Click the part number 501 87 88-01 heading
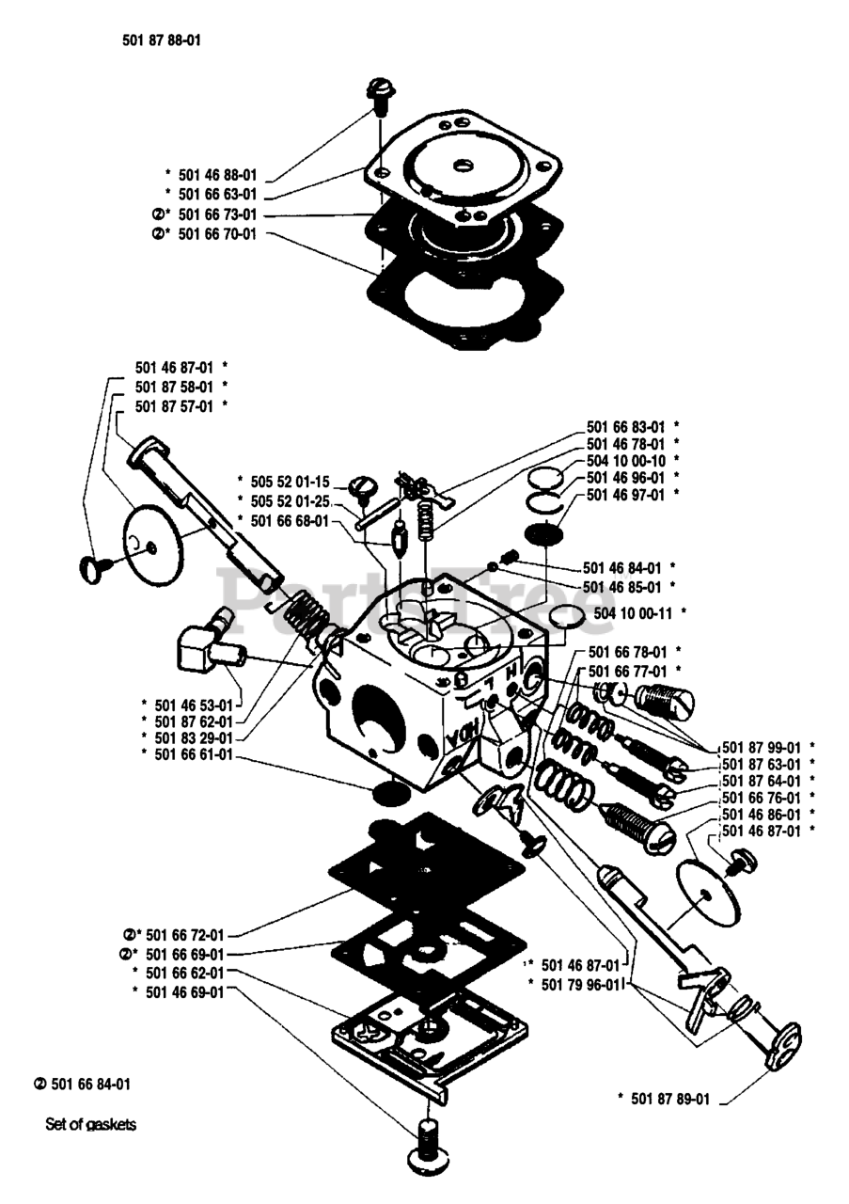(x=162, y=40)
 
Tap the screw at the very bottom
(x=427, y=1149)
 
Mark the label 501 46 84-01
(x=621, y=567)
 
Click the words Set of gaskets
(x=91, y=1123)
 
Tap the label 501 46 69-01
(x=184, y=991)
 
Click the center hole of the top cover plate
(x=463, y=166)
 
